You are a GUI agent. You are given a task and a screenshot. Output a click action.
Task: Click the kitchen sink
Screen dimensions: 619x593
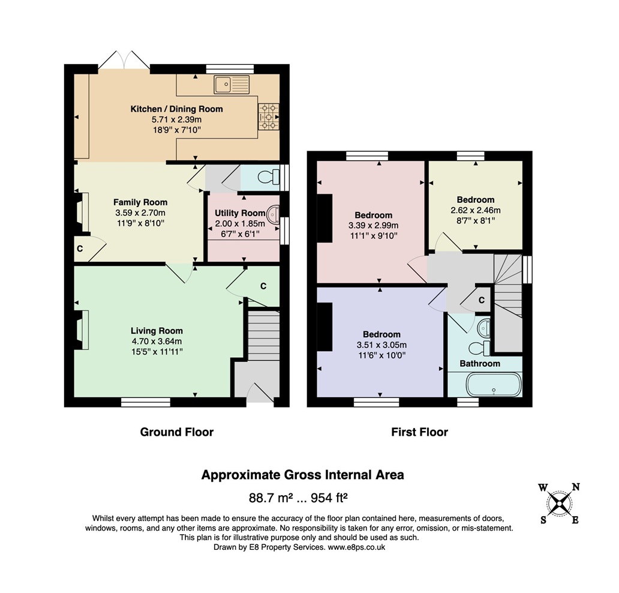tap(232, 85)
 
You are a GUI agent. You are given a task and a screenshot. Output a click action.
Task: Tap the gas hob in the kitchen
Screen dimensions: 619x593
tap(269, 116)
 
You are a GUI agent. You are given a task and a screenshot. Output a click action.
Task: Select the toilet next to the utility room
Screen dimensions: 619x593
tap(269, 177)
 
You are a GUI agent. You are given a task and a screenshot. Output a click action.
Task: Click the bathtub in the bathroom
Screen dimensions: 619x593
tap(494, 385)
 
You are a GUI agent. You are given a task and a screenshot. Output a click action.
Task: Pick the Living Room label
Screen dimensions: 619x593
tap(157, 331)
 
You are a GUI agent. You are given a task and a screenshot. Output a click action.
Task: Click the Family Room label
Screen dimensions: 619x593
tap(140, 202)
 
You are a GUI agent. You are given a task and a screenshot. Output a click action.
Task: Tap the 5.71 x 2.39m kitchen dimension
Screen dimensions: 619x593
tap(177, 119)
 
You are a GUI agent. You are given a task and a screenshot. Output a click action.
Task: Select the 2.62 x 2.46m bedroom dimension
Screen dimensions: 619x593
tap(475, 210)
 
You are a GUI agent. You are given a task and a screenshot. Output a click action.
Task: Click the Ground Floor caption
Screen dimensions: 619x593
tap(177, 432)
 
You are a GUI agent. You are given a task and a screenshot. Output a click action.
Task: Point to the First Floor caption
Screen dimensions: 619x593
tap(420, 432)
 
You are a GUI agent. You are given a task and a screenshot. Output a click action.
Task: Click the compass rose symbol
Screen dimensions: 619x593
tap(560, 504)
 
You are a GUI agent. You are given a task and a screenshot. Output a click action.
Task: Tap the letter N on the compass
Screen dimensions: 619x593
tap(576, 487)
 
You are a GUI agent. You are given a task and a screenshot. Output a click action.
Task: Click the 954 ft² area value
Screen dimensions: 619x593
tap(329, 498)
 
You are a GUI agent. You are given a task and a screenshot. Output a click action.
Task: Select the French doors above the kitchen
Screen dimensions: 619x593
tap(124, 60)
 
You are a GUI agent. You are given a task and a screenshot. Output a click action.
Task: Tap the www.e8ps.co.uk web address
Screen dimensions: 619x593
tap(356, 547)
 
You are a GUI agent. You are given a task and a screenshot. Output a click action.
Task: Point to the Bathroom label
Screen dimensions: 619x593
tap(480, 364)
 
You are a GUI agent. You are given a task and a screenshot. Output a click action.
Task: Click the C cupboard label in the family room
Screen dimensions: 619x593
tap(80, 249)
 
